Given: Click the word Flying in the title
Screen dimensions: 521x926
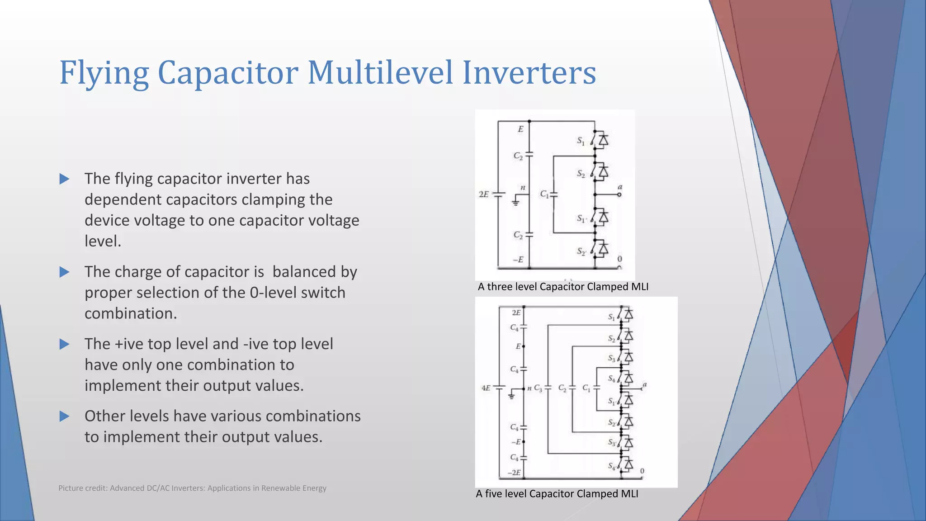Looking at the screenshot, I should click(104, 73).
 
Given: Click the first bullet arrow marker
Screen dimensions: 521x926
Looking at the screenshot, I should click(65, 179).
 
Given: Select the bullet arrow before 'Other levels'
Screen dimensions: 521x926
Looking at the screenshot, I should click(65, 417).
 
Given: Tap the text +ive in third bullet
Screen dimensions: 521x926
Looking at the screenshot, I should click(129, 344).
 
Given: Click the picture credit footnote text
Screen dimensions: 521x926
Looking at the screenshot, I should click(192, 488).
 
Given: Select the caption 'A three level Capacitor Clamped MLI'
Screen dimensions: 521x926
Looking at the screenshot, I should click(563, 287).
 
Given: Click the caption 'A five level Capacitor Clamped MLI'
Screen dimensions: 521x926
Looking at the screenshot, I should click(557, 494).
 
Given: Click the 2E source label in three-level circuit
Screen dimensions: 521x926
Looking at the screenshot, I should click(483, 194).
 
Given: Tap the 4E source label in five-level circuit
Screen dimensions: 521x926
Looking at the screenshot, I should click(486, 388).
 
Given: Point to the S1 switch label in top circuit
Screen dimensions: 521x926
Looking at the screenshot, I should click(581, 141).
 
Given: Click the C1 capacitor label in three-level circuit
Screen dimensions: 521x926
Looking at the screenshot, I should click(544, 194).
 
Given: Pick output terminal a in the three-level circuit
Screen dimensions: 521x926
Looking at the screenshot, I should click(619, 194).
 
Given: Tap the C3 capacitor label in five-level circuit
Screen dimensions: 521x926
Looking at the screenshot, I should click(538, 388).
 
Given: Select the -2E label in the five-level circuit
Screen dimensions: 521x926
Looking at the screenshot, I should click(514, 473).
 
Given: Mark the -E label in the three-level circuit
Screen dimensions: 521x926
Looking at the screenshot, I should click(518, 260).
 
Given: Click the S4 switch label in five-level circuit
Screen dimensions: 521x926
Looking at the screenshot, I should click(611, 378).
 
